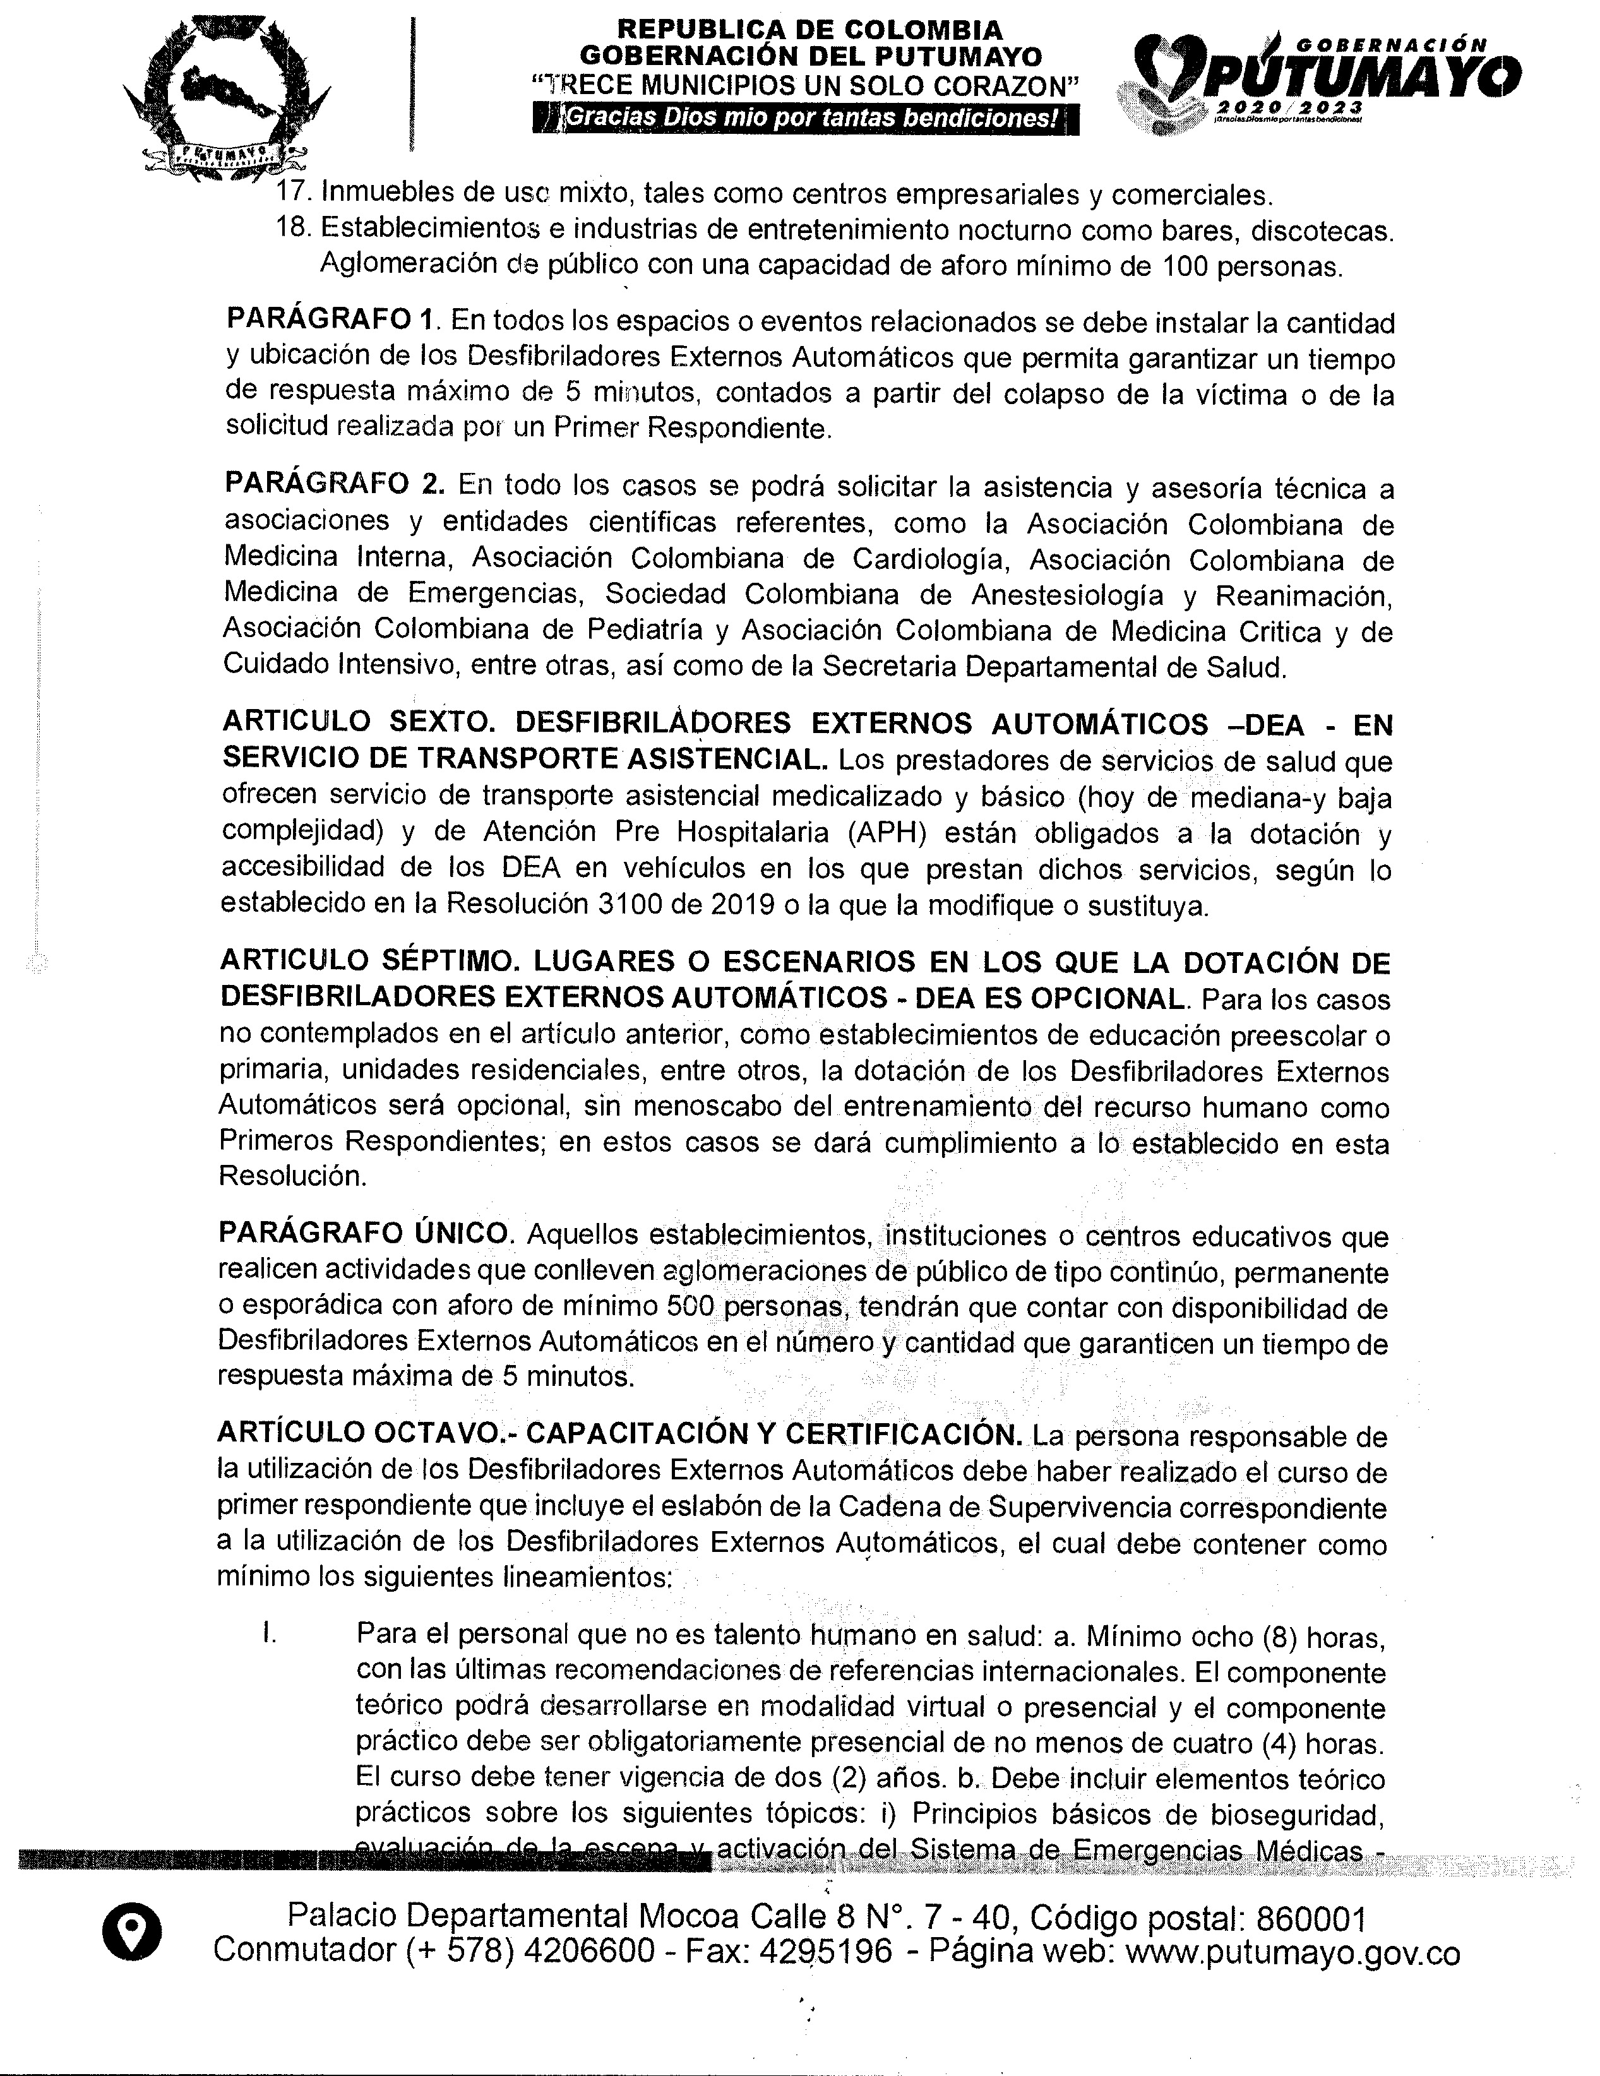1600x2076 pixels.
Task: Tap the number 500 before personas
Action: coord(690,1307)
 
